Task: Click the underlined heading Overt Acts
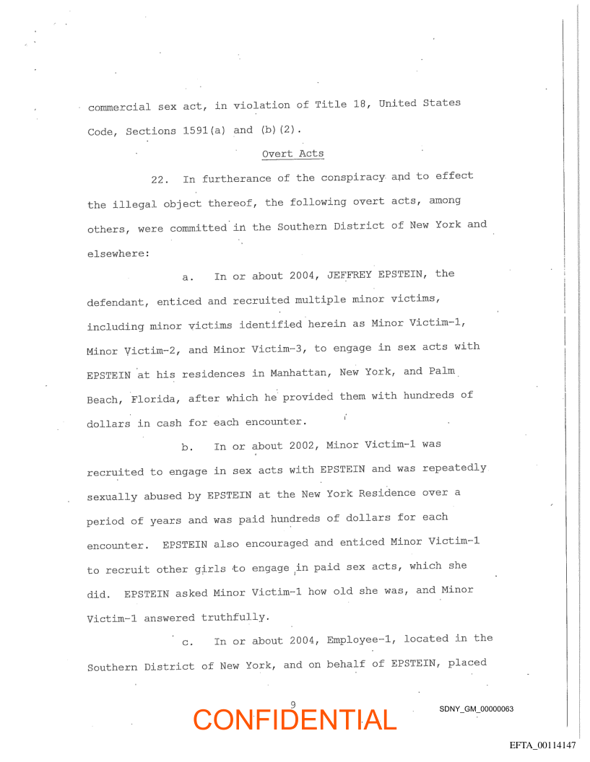coord(292,154)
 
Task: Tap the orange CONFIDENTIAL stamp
coord(295,719)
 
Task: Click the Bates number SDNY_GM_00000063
coord(476,709)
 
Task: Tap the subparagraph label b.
coord(186,447)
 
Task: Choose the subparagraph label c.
coord(186,641)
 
